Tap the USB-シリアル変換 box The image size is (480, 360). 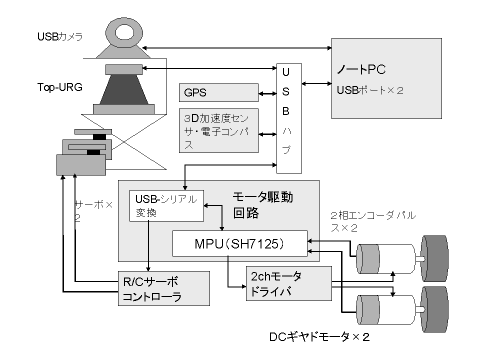[166, 205]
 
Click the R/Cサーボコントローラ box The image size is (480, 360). [163, 288]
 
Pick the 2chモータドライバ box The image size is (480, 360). [288, 283]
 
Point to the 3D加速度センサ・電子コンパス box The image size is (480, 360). [218, 130]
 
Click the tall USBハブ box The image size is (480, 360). [289, 118]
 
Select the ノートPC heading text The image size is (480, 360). [361, 69]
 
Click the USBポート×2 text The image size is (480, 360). [369, 91]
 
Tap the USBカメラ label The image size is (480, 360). [60, 36]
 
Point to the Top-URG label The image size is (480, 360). [59, 86]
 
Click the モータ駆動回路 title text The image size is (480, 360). [262, 204]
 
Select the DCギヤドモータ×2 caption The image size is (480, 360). [319, 337]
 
